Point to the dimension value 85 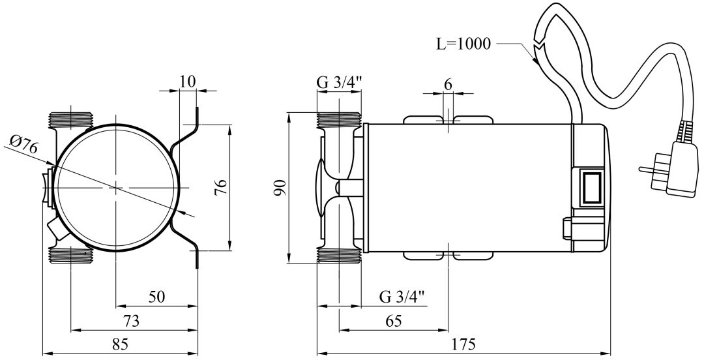click(x=120, y=344)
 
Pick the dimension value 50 click(x=156, y=297)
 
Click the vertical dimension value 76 click(x=221, y=188)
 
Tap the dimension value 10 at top click(x=187, y=82)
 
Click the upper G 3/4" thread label click(x=338, y=83)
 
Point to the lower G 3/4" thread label click(x=402, y=297)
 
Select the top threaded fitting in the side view click(x=338, y=120)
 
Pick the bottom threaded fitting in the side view click(x=338, y=255)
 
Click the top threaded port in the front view click(x=71, y=120)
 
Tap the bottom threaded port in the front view click(x=71, y=254)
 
